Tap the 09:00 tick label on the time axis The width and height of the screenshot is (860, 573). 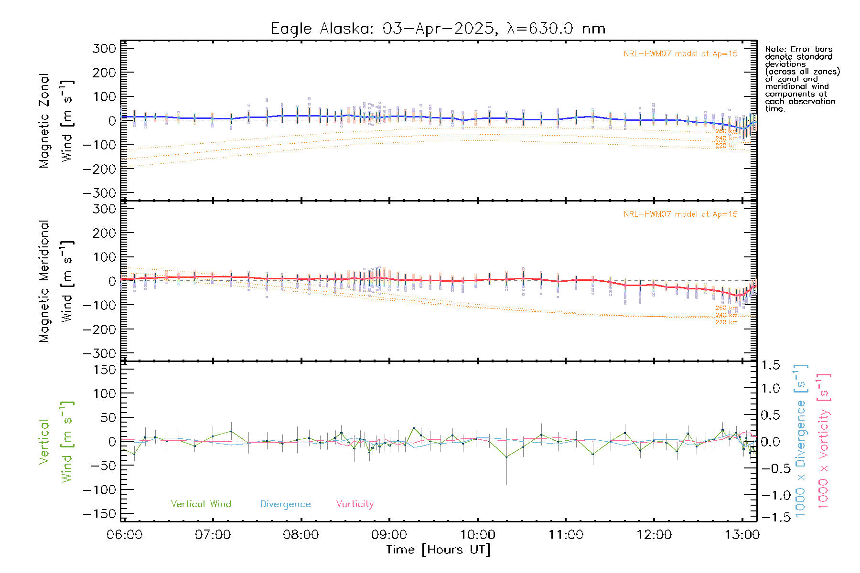pos(389,534)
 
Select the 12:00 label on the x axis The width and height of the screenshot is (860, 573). pos(654,534)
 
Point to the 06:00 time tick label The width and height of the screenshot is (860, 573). pos(125,534)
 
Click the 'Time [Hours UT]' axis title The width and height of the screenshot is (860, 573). pos(438,550)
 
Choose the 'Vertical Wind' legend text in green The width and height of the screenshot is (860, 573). pos(201,504)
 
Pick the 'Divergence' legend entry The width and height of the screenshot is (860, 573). pos(285,504)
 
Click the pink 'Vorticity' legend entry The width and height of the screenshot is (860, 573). pos(355,504)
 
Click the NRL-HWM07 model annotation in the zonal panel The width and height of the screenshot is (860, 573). pos(680,54)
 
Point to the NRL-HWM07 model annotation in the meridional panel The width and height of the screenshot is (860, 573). pos(680,214)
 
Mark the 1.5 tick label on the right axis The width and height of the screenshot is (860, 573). pos(771,365)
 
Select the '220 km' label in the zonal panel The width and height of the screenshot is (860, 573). pos(726,146)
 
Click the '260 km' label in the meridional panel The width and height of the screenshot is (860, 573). pos(726,308)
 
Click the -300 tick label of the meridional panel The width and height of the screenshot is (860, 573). pos(99,353)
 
